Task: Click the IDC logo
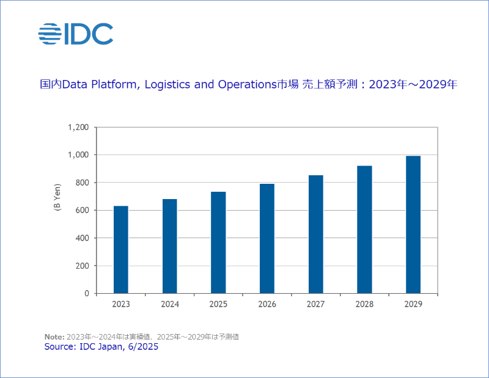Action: (x=76, y=34)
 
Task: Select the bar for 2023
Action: (x=121, y=249)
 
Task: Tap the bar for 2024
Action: (x=170, y=246)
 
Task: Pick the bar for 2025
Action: (x=218, y=242)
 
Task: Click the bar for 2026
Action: (x=267, y=238)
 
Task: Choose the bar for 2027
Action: (x=316, y=234)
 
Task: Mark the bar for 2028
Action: (x=364, y=229)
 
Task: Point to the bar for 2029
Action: (x=413, y=224)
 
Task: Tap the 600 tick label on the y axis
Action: (x=83, y=210)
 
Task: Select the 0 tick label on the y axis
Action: (x=87, y=293)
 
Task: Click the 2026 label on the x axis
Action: (x=267, y=304)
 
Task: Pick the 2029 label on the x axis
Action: (x=413, y=304)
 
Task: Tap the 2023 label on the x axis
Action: (x=121, y=304)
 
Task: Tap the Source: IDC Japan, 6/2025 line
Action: (x=101, y=346)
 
